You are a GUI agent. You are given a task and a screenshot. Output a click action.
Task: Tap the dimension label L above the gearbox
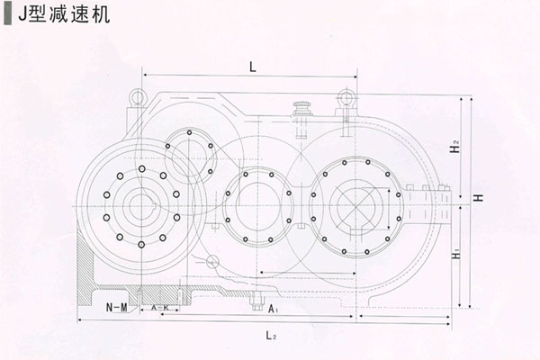253,67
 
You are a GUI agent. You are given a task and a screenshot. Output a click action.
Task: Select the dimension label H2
456,147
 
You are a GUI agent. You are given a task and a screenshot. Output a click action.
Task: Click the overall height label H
480,197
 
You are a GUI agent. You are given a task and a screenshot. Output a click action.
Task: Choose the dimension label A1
273,309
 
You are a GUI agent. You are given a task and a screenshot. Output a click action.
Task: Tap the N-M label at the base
114,308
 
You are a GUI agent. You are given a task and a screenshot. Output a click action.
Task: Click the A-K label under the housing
160,308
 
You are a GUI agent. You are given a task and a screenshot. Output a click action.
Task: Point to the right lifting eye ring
346,97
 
